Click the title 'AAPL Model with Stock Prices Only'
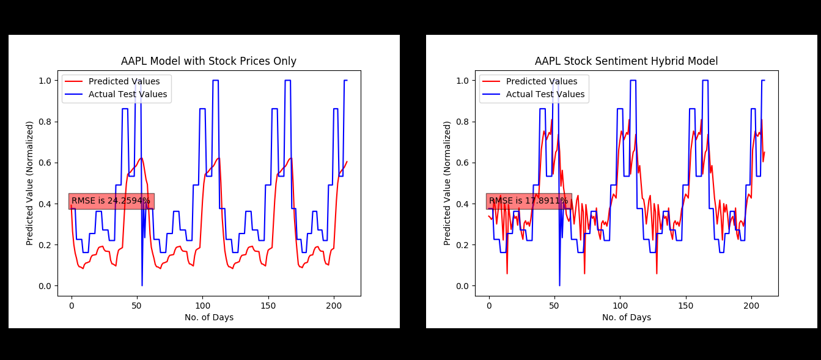tap(208, 61)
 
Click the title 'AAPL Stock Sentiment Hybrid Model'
tap(626, 61)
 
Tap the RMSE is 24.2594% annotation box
tap(111, 201)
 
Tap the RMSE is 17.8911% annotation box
tap(528, 201)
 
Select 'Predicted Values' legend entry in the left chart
tap(124, 82)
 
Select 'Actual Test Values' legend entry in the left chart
tap(128, 94)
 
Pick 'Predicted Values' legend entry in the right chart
tap(542, 82)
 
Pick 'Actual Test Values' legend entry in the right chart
tap(545, 94)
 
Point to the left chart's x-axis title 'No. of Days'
tap(209, 317)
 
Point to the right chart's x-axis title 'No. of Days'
tap(627, 317)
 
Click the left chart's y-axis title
tap(30, 183)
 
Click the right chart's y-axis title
tap(447, 183)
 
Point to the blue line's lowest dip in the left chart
tap(142, 285)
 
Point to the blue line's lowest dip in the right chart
tap(559, 285)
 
